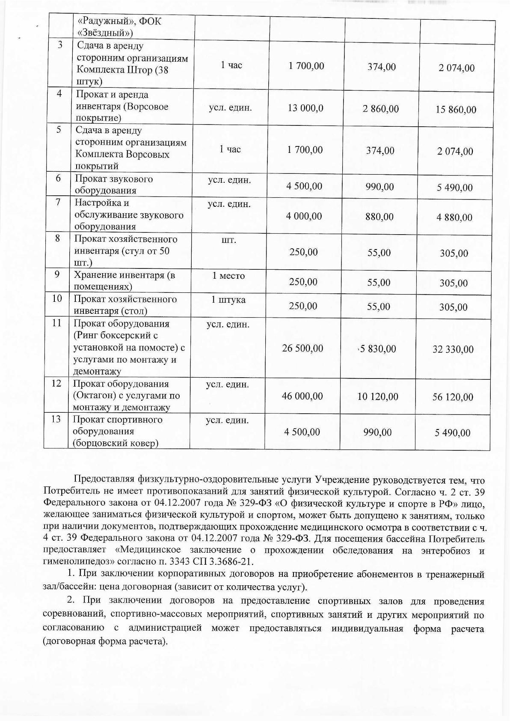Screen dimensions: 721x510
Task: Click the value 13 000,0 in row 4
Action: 305,108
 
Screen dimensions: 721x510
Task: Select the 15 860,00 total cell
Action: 456,110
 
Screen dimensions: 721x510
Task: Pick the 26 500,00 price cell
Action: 302,349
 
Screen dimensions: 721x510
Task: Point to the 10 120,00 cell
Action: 378,397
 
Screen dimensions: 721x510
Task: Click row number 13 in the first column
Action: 56,420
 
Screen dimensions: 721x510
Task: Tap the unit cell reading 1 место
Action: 228,276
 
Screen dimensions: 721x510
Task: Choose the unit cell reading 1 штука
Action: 228,300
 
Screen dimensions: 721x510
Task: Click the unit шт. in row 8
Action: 229,240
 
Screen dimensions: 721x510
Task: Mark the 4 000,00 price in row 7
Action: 304,217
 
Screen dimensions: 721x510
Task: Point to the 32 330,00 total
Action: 453,350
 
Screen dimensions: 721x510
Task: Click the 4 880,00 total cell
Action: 454,217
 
